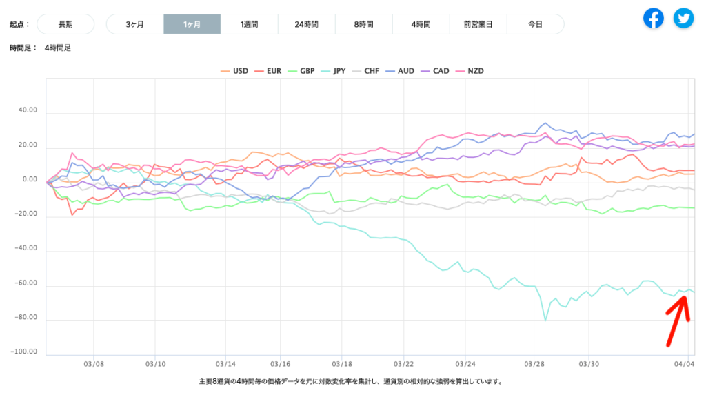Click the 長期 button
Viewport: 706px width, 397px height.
[65, 24]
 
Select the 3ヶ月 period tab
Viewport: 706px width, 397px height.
[135, 24]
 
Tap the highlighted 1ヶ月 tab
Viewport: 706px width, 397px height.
[192, 24]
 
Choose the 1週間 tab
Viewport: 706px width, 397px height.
[249, 24]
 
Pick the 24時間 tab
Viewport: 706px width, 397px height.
[306, 24]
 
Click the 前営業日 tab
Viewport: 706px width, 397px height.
[478, 24]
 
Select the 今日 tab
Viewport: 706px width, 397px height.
[535, 24]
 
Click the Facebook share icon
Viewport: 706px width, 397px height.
[654, 18]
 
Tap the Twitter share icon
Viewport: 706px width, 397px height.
[684, 18]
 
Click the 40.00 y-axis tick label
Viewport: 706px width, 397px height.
[28, 111]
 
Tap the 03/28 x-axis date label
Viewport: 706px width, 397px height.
[535, 363]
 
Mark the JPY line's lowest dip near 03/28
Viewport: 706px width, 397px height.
[545, 320]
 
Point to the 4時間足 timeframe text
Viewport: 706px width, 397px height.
[57, 48]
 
